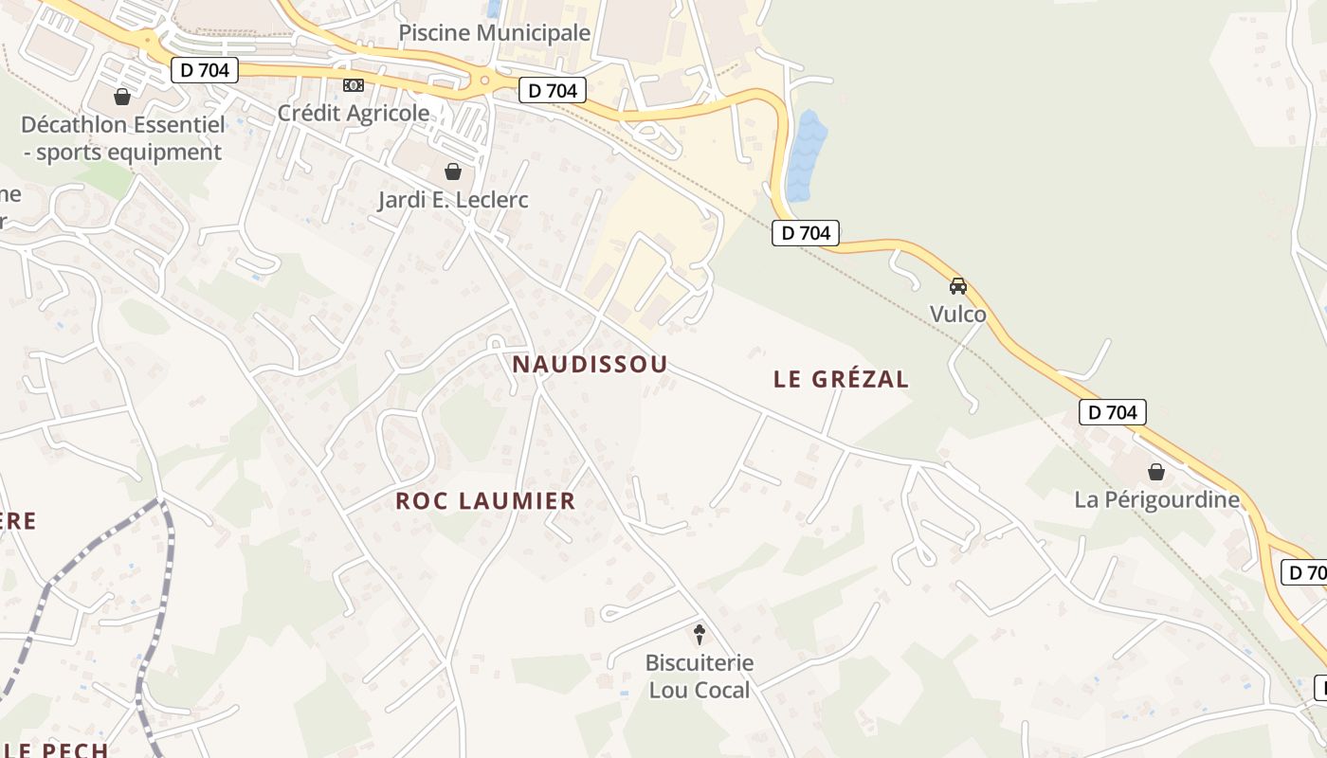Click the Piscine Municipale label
pyautogui.click(x=494, y=33)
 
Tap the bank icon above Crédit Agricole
pyautogui.click(x=354, y=85)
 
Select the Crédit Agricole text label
pyautogui.click(x=354, y=113)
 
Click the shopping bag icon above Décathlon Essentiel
pyautogui.click(x=122, y=97)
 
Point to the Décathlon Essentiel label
pyautogui.click(x=123, y=138)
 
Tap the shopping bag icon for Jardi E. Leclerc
pyautogui.click(x=453, y=171)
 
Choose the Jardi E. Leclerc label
pyautogui.click(x=453, y=200)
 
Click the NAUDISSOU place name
pyautogui.click(x=590, y=364)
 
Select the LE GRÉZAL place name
pyautogui.click(x=841, y=379)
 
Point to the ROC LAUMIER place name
pyautogui.click(x=485, y=501)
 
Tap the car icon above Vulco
pyautogui.click(x=958, y=285)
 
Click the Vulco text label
pyautogui.click(x=958, y=314)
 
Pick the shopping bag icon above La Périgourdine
pyautogui.click(x=1156, y=471)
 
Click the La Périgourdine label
pyautogui.click(x=1156, y=499)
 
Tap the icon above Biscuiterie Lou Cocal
pyautogui.click(x=700, y=634)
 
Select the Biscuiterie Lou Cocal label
pyautogui.click(x=700, y=677)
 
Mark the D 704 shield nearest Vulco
pyautogui.click(x=806, y=233)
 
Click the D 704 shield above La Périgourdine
pyautogui.click(x=1113, y=412)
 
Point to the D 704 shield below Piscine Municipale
pyautogui.click(x=553, y=91)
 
